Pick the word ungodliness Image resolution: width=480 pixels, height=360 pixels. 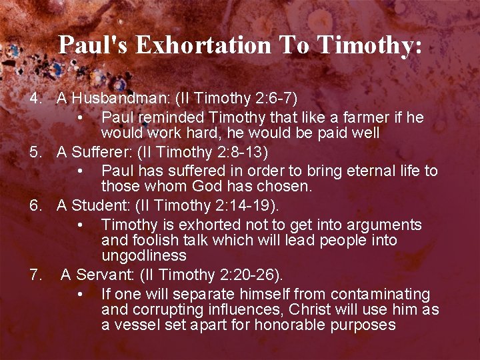(x=144, y=255)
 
